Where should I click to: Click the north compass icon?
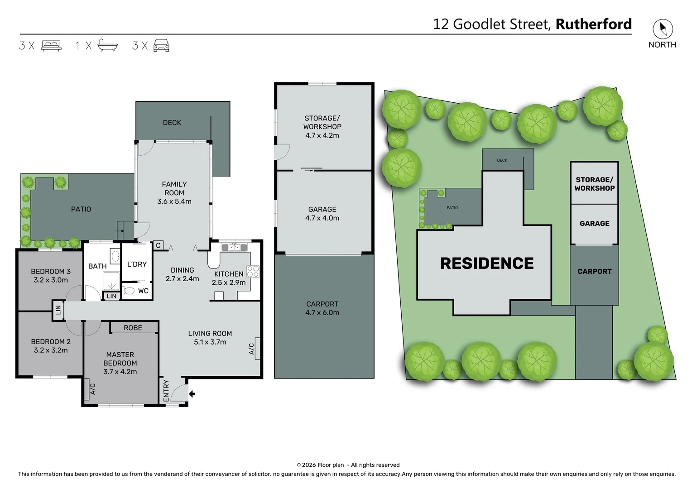point(662,29)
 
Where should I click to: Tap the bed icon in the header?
point(51,46)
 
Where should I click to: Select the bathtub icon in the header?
point(107,46)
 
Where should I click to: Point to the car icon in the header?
point(162,46)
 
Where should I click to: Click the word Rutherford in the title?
point(593,24)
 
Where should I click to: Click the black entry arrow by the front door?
point(192,394)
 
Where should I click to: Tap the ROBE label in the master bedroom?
point(133,328)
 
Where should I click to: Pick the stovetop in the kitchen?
point(253,272)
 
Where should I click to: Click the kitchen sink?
point(234,247)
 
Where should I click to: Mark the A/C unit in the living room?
point(257,349)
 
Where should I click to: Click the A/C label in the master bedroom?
point(93,389)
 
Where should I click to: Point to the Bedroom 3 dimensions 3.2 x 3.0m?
point(51,280)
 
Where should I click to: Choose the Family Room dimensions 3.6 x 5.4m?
point(174,201)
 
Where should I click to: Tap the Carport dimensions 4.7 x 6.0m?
point(322,313)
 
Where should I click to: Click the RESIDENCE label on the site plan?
point(487,264)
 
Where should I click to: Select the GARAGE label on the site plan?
point(594,224)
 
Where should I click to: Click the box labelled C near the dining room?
point(158,245)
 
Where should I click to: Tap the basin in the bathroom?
point(115,256)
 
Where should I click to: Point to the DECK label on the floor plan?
point(172,123)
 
